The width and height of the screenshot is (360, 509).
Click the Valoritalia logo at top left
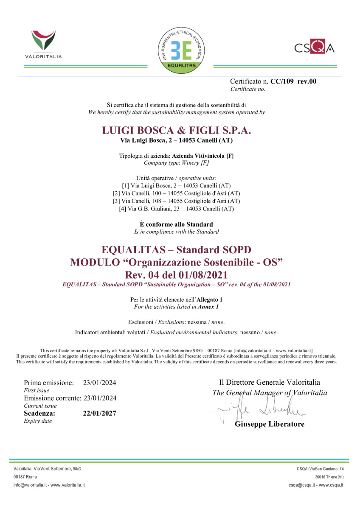click(x=43, y=44)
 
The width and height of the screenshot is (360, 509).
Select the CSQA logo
click(x=314, y=47)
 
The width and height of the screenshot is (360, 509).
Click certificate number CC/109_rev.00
click(x=293, y=81)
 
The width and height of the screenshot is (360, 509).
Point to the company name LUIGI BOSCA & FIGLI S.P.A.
click(x=177, y=130)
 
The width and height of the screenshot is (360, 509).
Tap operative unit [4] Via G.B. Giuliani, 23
click(x=176, y=208)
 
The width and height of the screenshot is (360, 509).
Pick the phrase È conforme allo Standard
click(x=176, y=224)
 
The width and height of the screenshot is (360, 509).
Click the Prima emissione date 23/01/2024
click(x=99, y=383)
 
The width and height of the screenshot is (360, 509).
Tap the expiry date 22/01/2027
click(x=99, y=413)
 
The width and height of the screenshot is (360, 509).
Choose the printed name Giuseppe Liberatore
click(x=269, y=424)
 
